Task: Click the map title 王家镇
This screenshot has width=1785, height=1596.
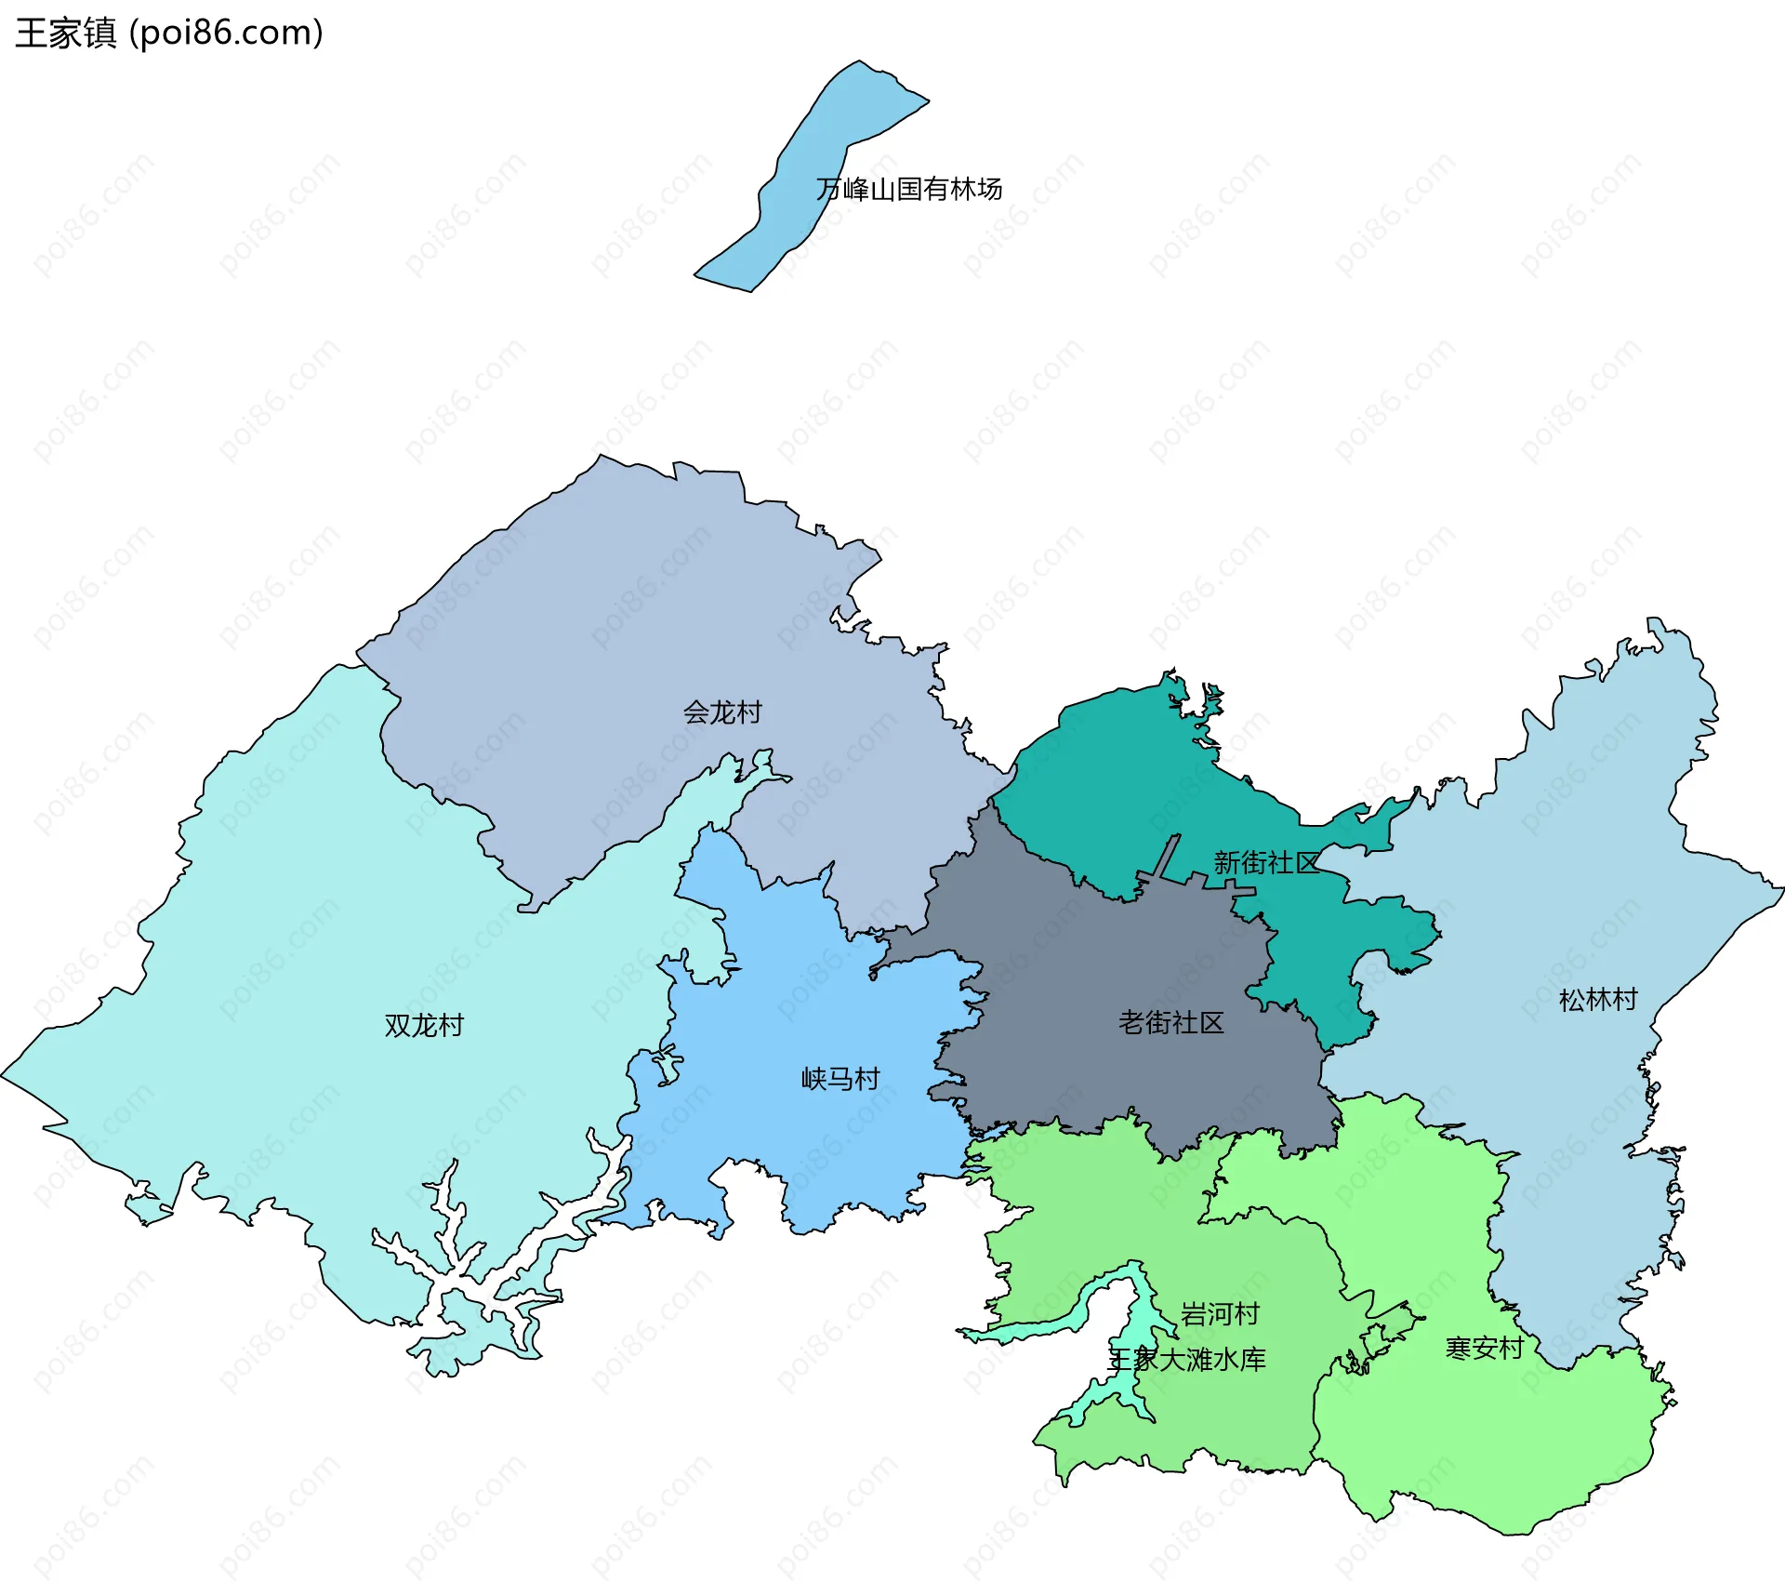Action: pyautogui.click(x=65, y=33)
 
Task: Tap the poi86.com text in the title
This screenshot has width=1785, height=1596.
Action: pyautogui.click(x=226, y=33)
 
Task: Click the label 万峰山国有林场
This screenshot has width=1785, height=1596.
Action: pyautogui.click(x=908, y=190)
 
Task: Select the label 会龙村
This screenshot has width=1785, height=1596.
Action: pyautogui.click(x=722, y=712)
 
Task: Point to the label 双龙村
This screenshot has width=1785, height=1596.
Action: pyautogui.click(x=424, y=1026)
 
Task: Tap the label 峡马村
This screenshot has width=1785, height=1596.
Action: pyautogui.click(x=840, y=1079)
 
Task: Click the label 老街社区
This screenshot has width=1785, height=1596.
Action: pyautogui.click(x=1171, y=1023)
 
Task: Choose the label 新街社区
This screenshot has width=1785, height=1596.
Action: pyautogui.click(x=1266, y=863)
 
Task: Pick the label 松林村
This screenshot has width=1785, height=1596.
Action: pyautogui.click(x=1598, y=1001)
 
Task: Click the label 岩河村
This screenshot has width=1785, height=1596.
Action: pyautogui.click(x=1220, y=1314)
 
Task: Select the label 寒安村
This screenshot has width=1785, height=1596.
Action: pyautogui.click(x=1485, y=1348)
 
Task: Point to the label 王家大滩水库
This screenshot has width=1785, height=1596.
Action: pyautogui.click(x=1187, y=1360)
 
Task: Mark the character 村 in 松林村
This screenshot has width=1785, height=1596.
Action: pyautogui.click(x=1625, y=1001)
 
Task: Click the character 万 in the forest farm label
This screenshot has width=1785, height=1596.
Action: pyautogui.click(x=828, y=190)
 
